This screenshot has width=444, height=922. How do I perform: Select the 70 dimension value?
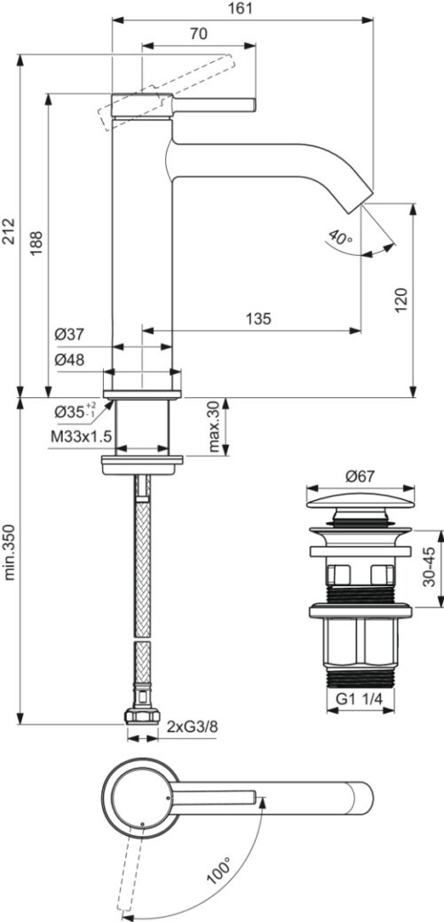pyautogui.click(x=199, y=34)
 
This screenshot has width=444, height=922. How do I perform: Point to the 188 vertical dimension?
pyautogui.click(x=36, y=242)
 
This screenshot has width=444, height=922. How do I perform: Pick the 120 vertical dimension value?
pyautogui.click(x=401, y=300)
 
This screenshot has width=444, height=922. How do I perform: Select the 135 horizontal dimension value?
pyautogui.click(x=258, y=319)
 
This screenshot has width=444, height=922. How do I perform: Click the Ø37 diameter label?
pyautogui.click(x=69, y=335)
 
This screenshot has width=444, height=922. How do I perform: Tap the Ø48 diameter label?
pyautogui.click(x=69, y=360)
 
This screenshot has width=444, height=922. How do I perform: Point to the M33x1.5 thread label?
pyautogui.click(x=80, y=438)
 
